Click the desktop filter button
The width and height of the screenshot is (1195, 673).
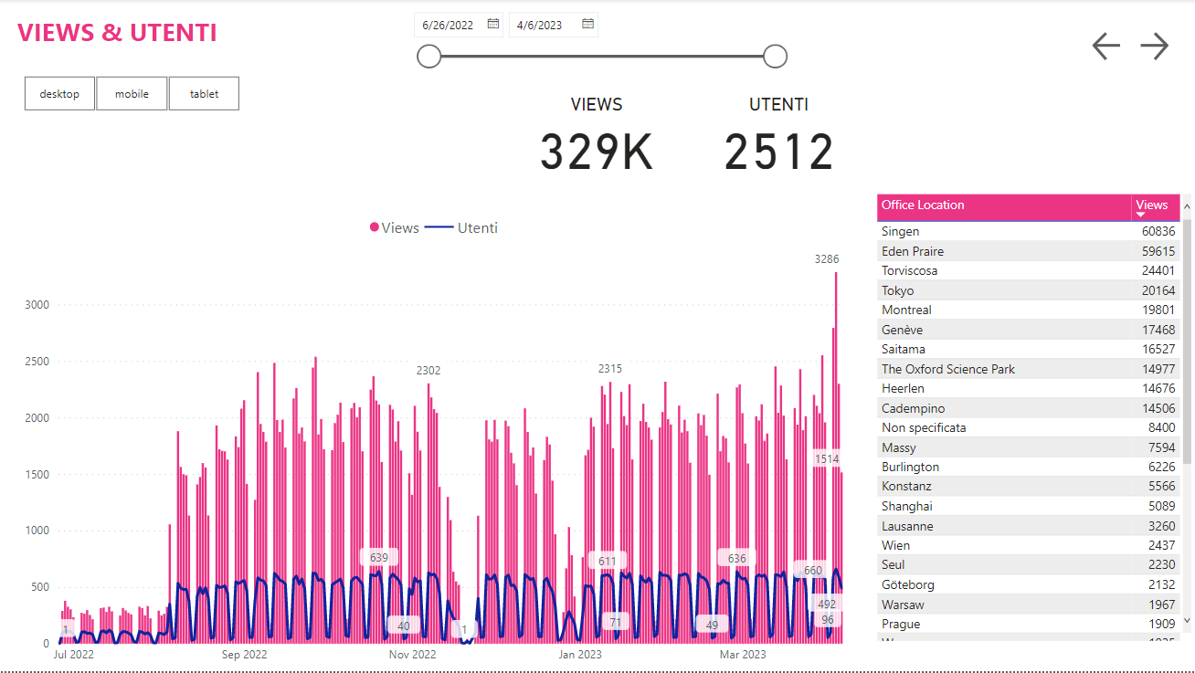[59, 94]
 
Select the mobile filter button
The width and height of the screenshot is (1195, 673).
[132, 94]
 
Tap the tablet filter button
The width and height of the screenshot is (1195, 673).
[204, 94]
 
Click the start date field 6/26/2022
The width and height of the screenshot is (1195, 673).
[448, 25]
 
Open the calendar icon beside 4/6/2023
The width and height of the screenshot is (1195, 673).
[588, 24]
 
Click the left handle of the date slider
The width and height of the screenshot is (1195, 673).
[428, 57]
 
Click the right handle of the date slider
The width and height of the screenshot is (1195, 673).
[775, 57]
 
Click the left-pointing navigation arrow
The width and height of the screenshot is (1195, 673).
[1105, 47]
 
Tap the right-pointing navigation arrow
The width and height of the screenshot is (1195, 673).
[1155, 47]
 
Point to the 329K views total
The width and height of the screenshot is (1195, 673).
[597, 152]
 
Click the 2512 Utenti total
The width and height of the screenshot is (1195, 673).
[779, 152]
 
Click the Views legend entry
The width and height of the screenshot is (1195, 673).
[395, 227]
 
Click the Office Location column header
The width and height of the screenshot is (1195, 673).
[923, 205]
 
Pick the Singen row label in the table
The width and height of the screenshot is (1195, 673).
[901, 232]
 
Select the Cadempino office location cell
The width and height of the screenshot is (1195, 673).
[913, 408]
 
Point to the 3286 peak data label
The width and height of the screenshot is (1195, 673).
[827, 259]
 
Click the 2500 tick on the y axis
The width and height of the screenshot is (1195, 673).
[37, 362]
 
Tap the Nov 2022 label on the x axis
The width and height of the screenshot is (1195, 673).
[413, 655]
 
